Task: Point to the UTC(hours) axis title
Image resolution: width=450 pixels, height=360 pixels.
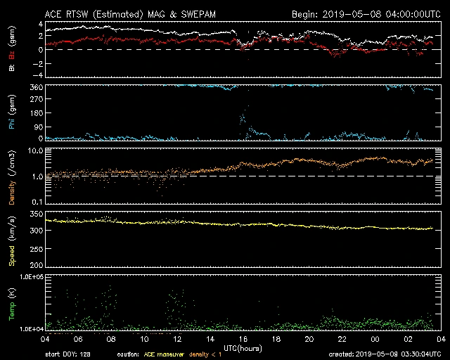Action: (243, 347)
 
